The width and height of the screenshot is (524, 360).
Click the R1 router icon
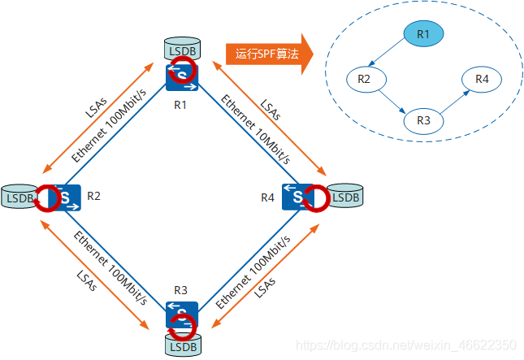click(x=181, y=76)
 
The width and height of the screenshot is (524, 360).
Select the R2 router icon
click(x=63, y=197)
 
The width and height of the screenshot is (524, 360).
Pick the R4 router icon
click(x=298, y=196)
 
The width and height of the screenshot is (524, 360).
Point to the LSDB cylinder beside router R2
click(x=19, y=196)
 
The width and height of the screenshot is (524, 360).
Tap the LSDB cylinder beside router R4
click(x=344, y=196)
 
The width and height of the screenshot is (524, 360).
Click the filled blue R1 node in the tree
click(x=422, y=33)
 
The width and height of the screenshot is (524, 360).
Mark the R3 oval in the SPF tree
click(x=423, y=119)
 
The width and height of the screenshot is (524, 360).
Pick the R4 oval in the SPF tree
click(x=482, y=79)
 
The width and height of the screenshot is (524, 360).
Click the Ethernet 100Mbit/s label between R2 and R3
click(x=110, y=268)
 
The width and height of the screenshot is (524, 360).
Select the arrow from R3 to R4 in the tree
click(x=453, y=99)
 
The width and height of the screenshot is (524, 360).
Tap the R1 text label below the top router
click(x=181, y=105)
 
